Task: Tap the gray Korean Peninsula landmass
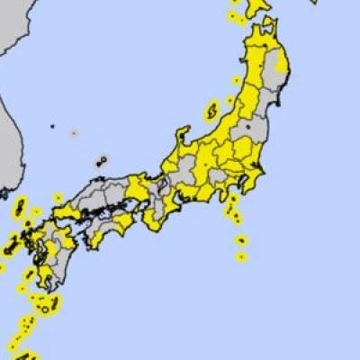pos(13,135)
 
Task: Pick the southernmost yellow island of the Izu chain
pos(241,256)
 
